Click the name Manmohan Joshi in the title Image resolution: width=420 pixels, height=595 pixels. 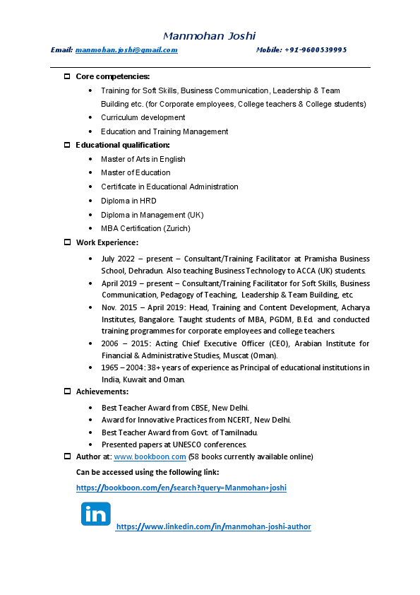point(209,35)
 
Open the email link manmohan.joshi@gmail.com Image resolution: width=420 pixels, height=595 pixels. point(126,50)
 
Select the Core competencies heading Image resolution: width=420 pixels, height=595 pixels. point(112,76)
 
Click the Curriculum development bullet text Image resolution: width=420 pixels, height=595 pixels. point(143,117)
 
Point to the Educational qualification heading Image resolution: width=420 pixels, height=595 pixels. point(123,145)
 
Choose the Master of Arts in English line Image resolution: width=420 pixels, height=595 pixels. point(143,159)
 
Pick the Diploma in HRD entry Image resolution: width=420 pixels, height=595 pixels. point(128,201)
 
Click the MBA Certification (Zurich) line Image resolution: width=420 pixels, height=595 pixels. point(145,228)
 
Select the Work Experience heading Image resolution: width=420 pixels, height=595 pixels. point(107,242)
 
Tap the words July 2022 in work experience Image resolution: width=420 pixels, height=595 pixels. point(117,259)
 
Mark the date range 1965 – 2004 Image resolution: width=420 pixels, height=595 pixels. point(124,367)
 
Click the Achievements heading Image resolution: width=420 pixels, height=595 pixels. point(102,391)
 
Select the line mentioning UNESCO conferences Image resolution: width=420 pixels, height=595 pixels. point(174,444)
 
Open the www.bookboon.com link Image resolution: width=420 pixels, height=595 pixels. point(149,457)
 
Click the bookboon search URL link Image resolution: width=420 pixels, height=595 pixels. point(181,488)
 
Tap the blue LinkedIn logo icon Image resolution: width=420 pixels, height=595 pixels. point(95,514)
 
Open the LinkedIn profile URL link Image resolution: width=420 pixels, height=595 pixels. point(213,526)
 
